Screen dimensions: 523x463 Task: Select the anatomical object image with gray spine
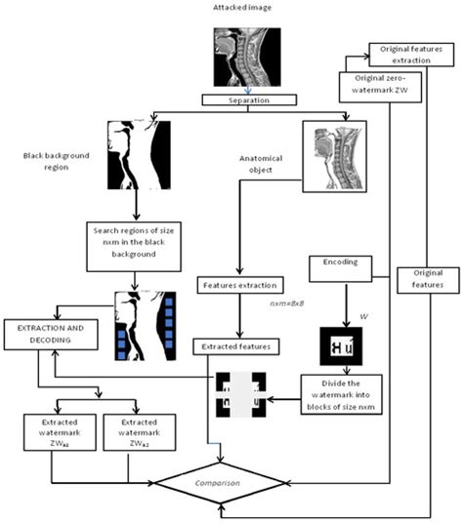click(333, 154)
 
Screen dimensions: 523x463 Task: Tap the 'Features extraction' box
click(238, 286)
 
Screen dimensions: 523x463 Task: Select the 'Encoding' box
click(338, 262)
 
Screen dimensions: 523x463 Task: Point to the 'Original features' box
click(429, 280)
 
